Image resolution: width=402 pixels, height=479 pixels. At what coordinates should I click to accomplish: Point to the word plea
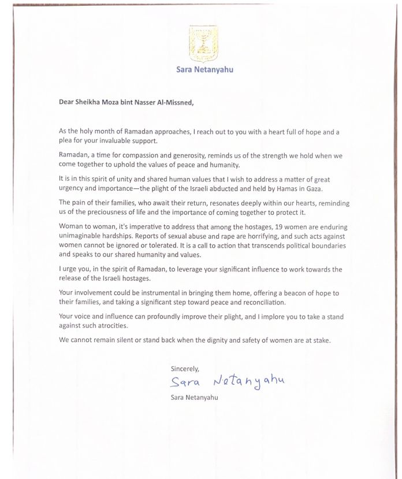point(66,141)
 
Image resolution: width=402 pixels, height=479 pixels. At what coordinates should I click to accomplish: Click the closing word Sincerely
point(184,368)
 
